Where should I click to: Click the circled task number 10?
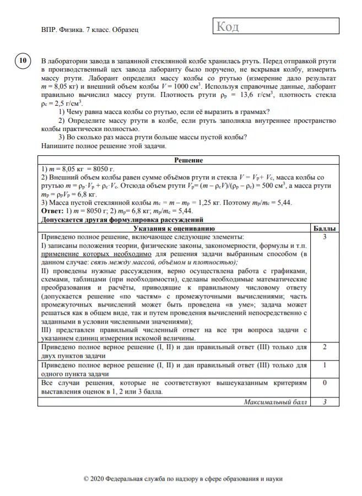[x=23, y=61]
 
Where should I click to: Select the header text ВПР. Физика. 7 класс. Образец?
[x=89, y=30]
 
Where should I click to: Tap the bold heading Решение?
[x=189, y=160]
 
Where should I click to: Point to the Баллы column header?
[x=325, y=228]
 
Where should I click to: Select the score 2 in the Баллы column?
[x=325, y=347]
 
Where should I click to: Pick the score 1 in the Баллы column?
[x=325, y=365]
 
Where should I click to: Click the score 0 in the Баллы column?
[x=325, y=383]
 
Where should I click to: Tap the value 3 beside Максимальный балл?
[x=325, y=402]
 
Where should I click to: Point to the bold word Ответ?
[x=53, y=210]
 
